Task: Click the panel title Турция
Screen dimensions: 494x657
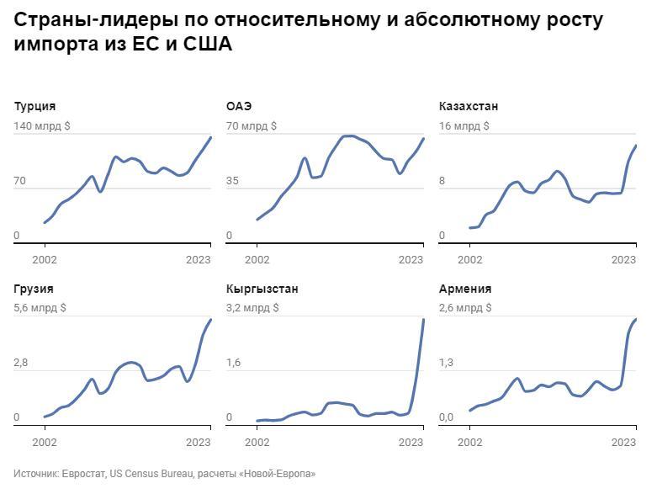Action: coord(35,106)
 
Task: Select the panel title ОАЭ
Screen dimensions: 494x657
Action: coord(239,106)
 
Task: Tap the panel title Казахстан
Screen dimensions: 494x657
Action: coord(469,106)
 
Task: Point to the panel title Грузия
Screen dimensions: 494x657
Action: coord(34,289)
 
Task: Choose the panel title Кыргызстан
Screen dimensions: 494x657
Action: coord(262,289)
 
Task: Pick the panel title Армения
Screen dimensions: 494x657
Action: coord(465,289)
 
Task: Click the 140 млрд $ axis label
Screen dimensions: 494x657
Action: coord(42,125)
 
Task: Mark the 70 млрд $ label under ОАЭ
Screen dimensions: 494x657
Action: coord(251,125)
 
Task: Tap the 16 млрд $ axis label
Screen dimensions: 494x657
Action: coord(464,125)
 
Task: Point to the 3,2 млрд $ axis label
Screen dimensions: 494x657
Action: coord(252,308)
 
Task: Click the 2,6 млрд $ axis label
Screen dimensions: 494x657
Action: coord(465,308)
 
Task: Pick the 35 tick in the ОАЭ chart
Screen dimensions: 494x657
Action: coord(233,181)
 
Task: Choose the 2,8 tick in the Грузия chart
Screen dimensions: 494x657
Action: coord(21,363)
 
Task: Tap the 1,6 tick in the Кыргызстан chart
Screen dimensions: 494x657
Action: coord(234,363)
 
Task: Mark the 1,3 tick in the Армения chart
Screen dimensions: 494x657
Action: coord(447,363)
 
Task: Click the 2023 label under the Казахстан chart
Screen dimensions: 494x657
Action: coord(623,260)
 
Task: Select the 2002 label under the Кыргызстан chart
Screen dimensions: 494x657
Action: coord(257,442)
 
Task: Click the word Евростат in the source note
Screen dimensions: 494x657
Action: coord(83,474)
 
